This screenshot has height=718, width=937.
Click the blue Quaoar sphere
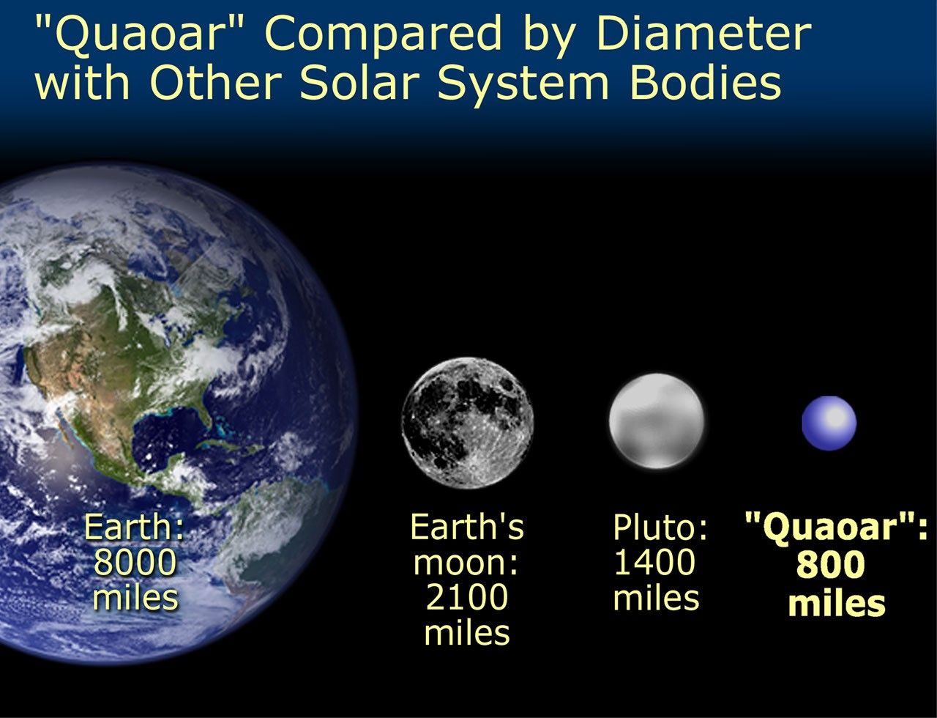click(x=829, y=423)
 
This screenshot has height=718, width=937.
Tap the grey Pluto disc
click(x=656, y=421)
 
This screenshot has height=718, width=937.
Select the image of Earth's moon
click(x=468, y=423)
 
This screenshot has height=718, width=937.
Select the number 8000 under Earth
click(x=136, y=563)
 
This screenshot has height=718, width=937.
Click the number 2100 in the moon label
click(x=467, y=598)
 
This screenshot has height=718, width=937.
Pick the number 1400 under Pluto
click(x=654, y=563)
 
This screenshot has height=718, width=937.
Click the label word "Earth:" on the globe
click(x=135, y=528)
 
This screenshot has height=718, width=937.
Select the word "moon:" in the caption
click(x=466, y=563)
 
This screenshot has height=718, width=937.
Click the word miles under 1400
click(x=656, y=597)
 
